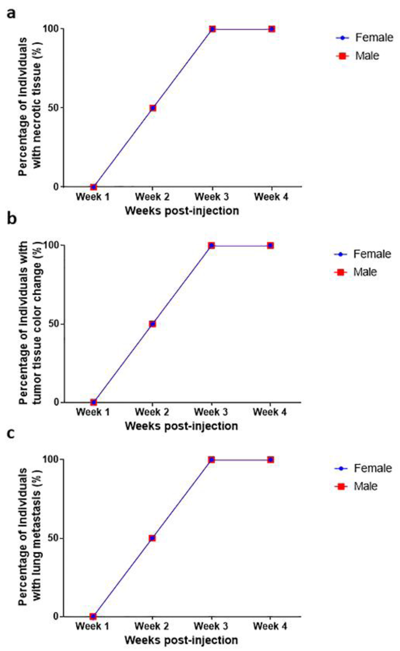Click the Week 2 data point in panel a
pos(153,108)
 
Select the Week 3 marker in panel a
pos(212,29)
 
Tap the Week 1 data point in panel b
pos(93,402)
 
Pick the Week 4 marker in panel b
pos(270,245)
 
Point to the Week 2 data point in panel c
pos(152,538)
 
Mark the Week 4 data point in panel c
pos(270,460)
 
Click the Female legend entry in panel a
pos(364,38)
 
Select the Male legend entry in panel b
pos(356,272)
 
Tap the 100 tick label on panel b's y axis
pos(52,245)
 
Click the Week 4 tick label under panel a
pos(271,197)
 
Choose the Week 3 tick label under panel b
pos(211,412)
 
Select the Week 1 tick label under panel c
pos(93,627)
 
